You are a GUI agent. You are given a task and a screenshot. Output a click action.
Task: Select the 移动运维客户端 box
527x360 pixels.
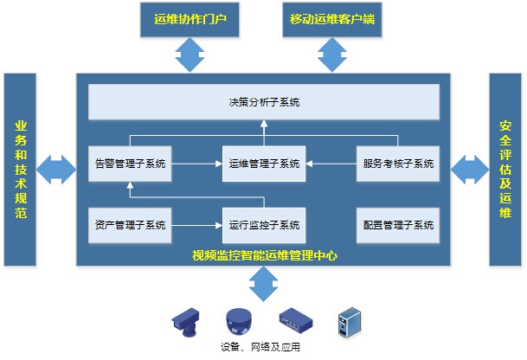point(334,19)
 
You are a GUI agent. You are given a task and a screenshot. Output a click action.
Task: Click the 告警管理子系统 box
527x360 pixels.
point(130,163)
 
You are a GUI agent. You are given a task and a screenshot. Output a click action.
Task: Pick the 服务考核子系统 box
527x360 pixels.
point(397,163)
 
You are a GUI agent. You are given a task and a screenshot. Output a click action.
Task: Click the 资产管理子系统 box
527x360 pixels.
point(130,225)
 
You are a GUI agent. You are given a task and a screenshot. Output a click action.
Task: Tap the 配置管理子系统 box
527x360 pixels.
point(397,225)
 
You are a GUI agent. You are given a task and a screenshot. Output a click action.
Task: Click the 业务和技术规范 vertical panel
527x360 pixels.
point(21,170)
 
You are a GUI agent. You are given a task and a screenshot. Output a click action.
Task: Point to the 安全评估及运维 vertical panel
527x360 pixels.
point(506,170)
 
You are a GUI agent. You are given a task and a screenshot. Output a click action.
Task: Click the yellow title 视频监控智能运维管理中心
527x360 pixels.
point(264,255)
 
